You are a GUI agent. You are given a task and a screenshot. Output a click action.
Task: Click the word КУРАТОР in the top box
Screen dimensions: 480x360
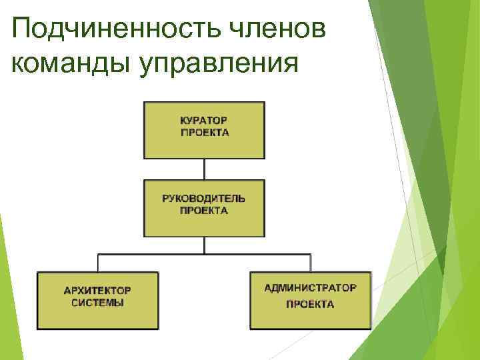click(204, 121)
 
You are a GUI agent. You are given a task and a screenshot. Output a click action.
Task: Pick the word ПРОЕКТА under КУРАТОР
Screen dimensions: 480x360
click(204, 132)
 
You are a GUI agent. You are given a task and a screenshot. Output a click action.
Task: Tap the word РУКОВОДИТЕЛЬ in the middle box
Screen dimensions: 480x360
click(204, 199)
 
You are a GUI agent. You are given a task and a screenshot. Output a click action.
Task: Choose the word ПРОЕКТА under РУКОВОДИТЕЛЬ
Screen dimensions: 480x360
click(204, 210)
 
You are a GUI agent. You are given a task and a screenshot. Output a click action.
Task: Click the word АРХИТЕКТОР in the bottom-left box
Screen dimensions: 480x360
click(97, 291)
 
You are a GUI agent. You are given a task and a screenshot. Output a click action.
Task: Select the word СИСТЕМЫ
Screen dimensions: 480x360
click(97, 302)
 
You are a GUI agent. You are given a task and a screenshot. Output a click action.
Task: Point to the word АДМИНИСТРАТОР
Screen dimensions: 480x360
click(310, 288)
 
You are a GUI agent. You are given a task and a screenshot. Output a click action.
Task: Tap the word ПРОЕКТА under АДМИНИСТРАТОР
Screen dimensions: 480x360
click(310, 304)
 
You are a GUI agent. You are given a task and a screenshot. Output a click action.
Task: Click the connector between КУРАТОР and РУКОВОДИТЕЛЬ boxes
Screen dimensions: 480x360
click(205, 169)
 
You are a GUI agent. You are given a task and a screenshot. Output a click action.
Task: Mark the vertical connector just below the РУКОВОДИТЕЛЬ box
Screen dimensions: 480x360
click(205, 245)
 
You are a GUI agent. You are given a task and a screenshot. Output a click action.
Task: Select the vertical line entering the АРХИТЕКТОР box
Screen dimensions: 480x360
click(99, 263)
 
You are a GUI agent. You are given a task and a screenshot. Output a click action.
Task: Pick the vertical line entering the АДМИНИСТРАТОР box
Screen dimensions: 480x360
click(311, 263)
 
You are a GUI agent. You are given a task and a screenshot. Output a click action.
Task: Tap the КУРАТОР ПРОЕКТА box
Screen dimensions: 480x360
click(204, 147)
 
